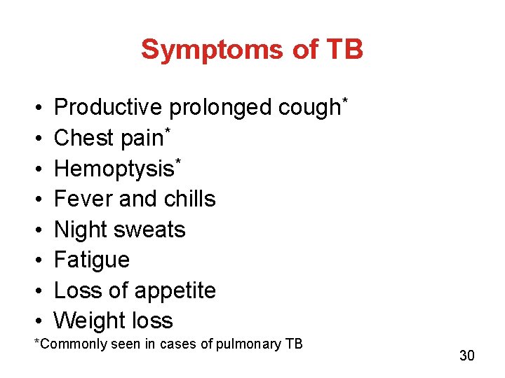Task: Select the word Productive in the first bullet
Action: pyautogui.click(x=108, y=108)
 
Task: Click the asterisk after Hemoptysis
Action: pyautogui.click(x=178, y=161)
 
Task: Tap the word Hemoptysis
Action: pyautogui.click(x=114, y=169)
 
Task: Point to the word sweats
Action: pyautogui.click(x=153, y=230)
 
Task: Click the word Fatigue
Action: pyautogui.click(x=92, y=260)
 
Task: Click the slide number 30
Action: pyautogui.click(x=467, y=356)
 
